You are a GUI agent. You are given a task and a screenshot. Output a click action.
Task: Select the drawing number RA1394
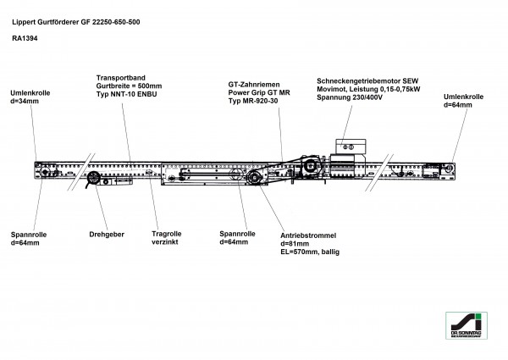coord(25,38)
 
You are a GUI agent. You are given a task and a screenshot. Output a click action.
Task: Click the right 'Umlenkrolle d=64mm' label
coord(463,103)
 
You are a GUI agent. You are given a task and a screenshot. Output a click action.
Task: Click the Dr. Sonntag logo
coord(469,326)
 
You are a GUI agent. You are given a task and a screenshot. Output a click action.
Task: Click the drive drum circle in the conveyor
coord(254,177)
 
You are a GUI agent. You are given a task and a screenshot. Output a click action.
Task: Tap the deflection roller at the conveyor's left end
coord(39,170)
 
